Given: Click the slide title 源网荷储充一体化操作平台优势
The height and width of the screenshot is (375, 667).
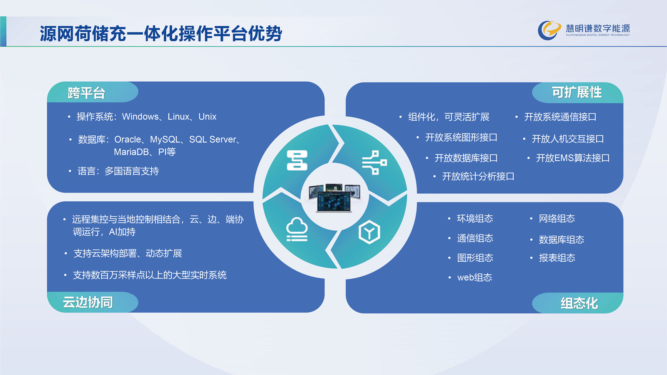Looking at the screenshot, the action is point(161,33).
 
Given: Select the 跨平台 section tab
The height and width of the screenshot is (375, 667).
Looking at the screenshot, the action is point(93,92).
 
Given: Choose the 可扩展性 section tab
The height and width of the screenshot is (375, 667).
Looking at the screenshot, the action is point(577,92).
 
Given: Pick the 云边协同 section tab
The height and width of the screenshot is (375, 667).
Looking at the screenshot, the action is point(93,302).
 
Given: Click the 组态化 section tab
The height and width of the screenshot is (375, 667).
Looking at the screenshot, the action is point(577,303).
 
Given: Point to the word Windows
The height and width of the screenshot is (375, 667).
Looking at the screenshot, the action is point(140,116).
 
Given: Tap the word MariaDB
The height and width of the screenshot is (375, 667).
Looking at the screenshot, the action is point(131,152).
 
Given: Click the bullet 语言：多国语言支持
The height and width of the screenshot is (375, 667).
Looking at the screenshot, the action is point(118,171).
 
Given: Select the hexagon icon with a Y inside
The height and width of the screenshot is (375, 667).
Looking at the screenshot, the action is point(369,232).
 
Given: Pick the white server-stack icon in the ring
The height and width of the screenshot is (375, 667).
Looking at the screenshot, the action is point(297,160).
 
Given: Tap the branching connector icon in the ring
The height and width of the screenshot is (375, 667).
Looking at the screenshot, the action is point(374,162).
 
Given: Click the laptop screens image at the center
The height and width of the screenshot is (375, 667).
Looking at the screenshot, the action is point(334,197).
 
